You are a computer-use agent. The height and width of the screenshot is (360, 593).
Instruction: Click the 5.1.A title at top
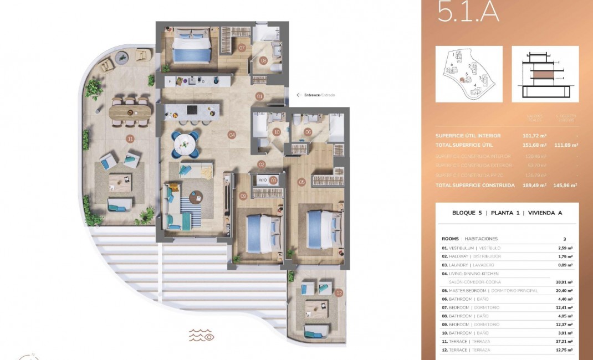[468, 12]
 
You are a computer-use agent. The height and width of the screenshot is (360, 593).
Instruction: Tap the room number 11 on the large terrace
[130, 138]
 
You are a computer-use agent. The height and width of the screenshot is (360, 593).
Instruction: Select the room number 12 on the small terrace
[339, 292]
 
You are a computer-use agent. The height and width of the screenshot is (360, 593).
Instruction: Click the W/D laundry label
[263, 180]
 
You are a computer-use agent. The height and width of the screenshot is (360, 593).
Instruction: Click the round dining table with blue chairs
[186, 143]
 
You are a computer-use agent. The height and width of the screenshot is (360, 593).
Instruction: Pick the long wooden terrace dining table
[130, 111]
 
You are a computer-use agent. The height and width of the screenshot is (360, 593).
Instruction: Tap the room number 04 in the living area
[232, 135]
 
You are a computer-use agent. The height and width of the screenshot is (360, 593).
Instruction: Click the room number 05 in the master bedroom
[301, 181]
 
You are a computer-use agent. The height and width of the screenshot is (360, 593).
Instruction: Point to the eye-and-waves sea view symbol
[202, 335]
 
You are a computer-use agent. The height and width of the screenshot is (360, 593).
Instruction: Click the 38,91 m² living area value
[564, 282]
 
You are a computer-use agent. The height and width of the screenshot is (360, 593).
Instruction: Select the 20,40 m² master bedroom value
[564, 291]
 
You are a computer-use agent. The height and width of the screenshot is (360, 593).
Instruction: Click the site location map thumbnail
[469, 74]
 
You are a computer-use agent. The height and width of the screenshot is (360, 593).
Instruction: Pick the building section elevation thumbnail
[545, 74]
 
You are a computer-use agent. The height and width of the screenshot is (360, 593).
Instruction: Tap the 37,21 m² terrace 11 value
[564, 341]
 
